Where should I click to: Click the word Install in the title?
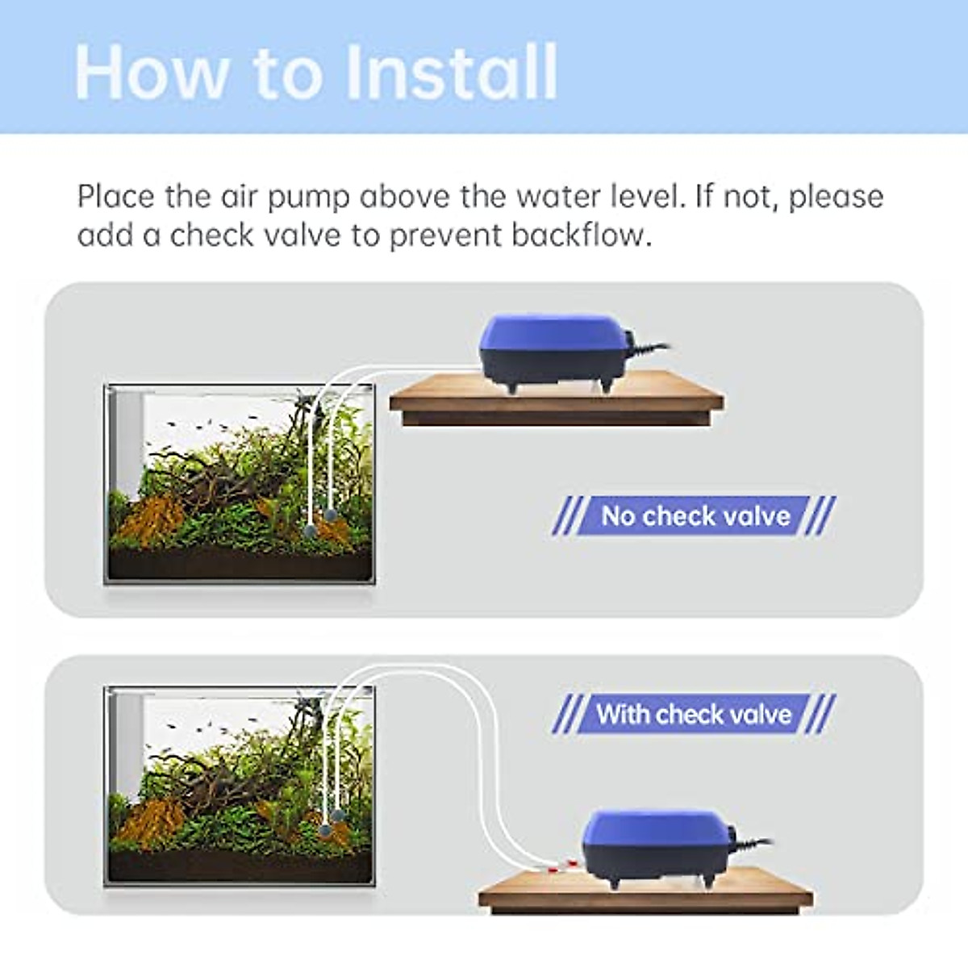click(x=452, y=73)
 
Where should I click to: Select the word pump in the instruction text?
click(x=309, y=198)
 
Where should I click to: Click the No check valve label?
click(x=695, y=515)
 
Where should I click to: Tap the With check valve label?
click(x=694, y=714)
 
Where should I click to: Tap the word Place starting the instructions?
click(x=116, y=197)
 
